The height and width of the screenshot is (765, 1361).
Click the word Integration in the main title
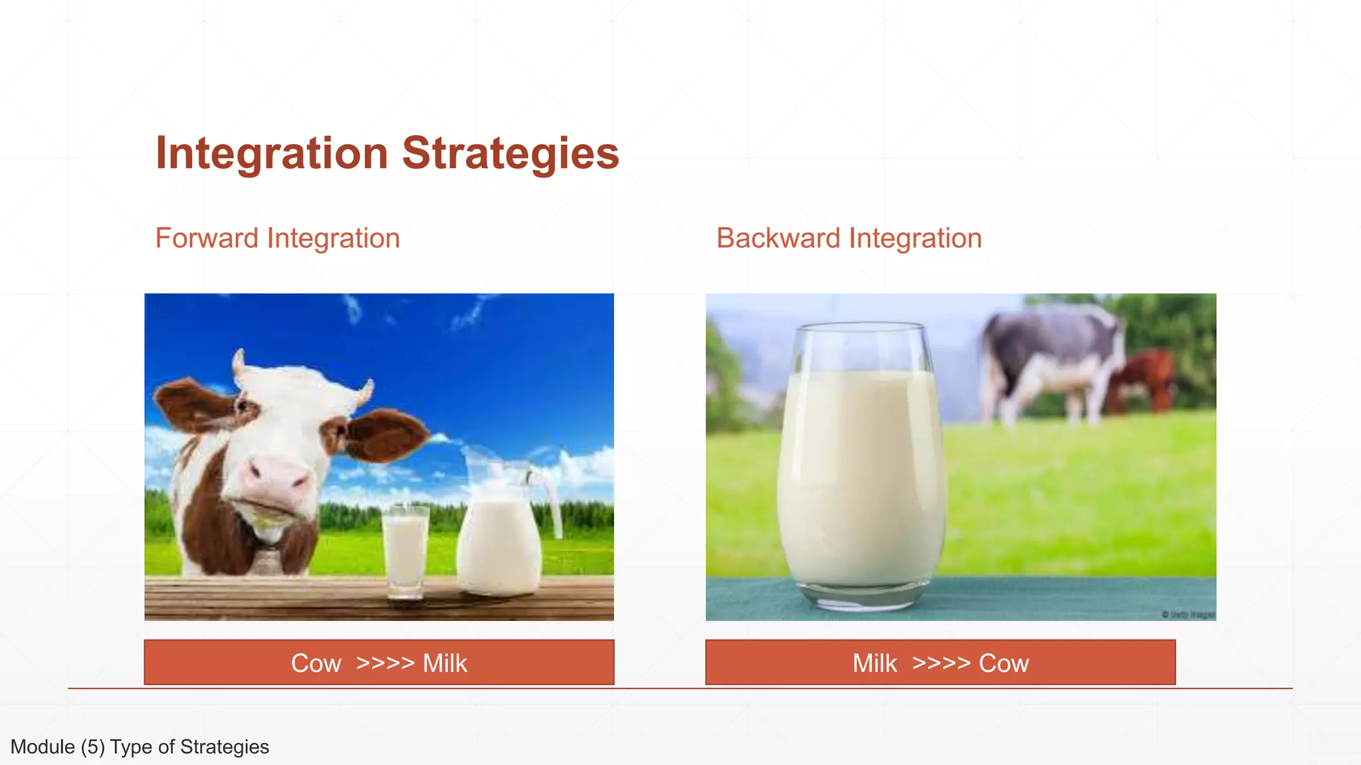[x=271, y=153]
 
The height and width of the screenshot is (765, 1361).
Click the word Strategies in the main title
[x=510, y=153]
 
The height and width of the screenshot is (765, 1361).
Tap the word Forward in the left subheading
[x=206, y=238]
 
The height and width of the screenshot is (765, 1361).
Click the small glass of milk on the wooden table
[x=405, y=551]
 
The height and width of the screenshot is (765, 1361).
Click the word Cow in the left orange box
[x=316, y=663]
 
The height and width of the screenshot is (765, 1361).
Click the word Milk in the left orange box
[x=445, y=663]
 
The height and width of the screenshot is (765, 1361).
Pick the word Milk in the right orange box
[x=875, y=663]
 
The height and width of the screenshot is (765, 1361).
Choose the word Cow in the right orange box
[x=1003, y=663]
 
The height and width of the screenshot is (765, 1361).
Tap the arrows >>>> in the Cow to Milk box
[x=385, y=663]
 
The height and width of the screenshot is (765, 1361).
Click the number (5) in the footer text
[x=92, y=747]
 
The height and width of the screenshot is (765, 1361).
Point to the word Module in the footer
[x=43, y=747]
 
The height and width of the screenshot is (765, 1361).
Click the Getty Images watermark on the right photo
[x=1189, y=615]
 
